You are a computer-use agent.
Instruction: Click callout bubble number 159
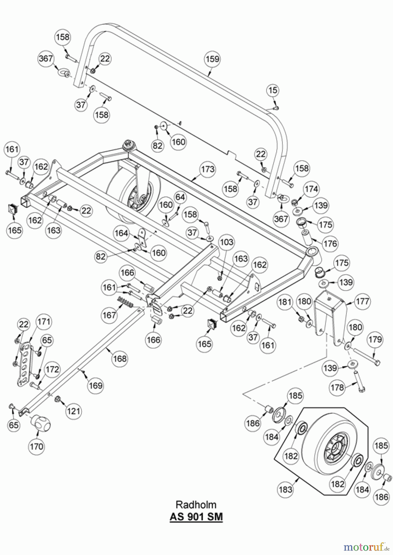[x=212, y=58]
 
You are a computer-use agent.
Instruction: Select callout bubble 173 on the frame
[x=208, y=169]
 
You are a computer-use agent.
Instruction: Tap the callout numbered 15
[x=273, y=90]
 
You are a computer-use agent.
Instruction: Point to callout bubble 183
[x=285, y=489]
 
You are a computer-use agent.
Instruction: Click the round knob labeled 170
[x=40, y=422]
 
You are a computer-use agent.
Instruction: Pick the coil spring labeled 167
[x=126, y=302]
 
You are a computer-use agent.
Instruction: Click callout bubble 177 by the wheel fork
[x=362, y=301]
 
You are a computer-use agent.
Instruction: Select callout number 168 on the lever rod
[x=120, y=358]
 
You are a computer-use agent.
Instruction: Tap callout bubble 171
[x=44, y=322]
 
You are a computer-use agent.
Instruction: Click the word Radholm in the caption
[x=196, y=505]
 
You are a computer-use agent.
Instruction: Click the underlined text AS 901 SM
[x=196, y=517]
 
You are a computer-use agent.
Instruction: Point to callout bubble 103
[x=227, y=242]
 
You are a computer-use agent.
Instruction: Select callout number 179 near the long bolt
[x=375, y=339]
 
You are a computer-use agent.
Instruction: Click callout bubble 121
[x=73, y=411]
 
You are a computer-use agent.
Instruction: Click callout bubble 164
[x=121, y=233]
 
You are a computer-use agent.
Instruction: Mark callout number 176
[x=330, y=244]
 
